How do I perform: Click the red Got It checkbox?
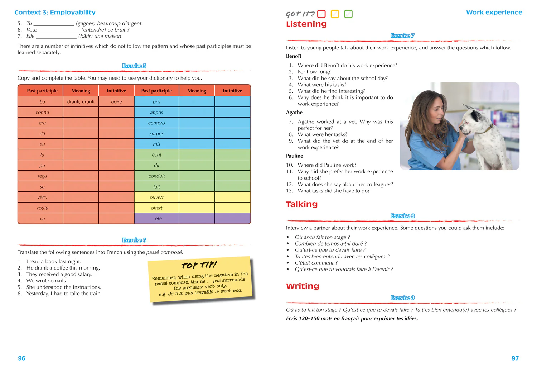(321, 14)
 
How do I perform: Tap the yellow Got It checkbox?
(335, 14)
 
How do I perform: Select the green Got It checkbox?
(348, 14)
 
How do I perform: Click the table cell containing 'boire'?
(116, 101)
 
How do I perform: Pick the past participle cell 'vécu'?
(42, 197)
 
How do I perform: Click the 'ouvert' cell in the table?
(156, 197)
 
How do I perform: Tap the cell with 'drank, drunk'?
(81, 101)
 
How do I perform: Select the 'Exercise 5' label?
(134, 66)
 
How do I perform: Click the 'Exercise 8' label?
(402, 216)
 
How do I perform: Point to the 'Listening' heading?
(306, 24)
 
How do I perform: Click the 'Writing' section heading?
(303, 286)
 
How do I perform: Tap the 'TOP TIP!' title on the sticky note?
(199, 265)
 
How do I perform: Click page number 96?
(22, 358)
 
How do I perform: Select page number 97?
(515, 358)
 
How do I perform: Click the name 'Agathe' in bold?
(294, 113)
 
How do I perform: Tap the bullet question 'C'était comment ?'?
(316, 263)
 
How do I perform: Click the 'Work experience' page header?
(494, 13)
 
